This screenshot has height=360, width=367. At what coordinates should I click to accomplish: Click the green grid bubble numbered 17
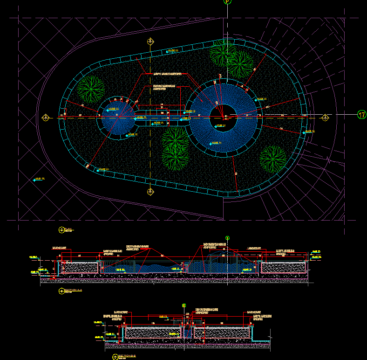point(361,114)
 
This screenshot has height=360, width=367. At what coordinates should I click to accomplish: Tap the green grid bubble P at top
point(227,1)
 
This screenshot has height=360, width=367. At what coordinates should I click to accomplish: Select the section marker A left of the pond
point(46,117)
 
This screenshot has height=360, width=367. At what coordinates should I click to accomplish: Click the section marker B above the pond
point(150,42)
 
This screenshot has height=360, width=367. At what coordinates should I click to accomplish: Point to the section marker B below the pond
point(150,192)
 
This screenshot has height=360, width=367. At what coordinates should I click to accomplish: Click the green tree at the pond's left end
point(91,87)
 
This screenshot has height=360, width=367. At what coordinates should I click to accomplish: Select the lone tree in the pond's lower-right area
point(273,159)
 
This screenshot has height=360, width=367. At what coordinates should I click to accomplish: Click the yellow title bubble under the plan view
point(62,229)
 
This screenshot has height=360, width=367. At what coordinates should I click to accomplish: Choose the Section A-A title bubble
point(62,291)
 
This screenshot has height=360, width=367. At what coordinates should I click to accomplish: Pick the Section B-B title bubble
point(115,357)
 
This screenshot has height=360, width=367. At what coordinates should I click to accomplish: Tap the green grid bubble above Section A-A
point(227,237)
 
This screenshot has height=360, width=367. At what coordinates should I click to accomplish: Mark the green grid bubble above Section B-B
point(183,306)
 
